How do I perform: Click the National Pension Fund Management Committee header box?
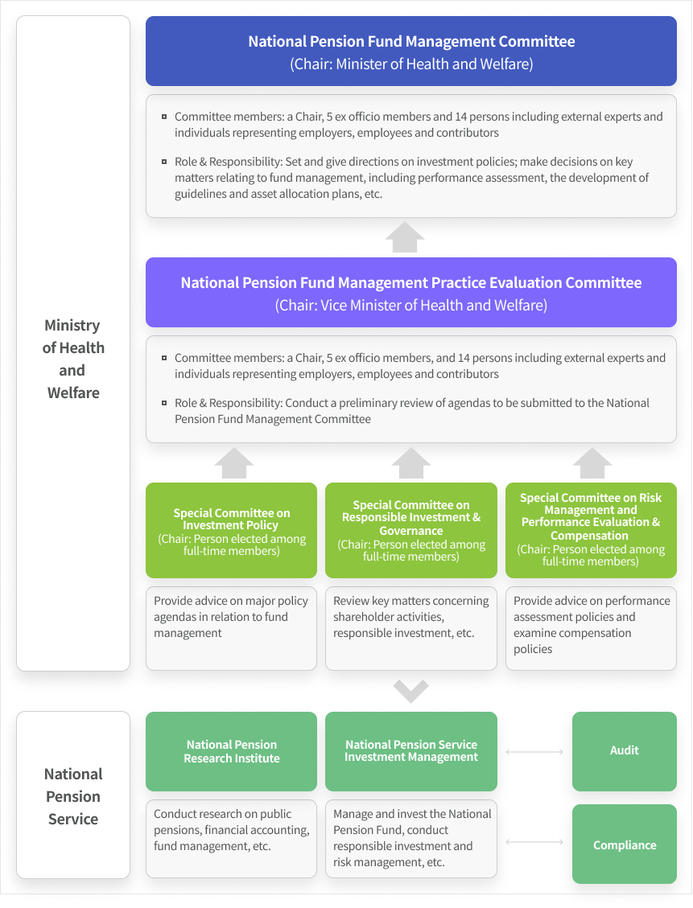pyautogui.click(x=410, y=51)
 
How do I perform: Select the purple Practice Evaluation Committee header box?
pyautogui.click(x=410, y=292)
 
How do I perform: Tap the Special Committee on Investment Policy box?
pyautogui.click(x=231, y=530)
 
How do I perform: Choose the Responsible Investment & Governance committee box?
pyautogui.click(x=410, y=530)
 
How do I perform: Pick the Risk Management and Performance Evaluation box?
pyautogui.click(x=591, y=530)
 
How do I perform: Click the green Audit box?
pyautogui.click(x=624, y=750)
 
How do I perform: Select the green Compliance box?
pyautogui.click(x=624, y=844)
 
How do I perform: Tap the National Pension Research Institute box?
pyautogui.click(x=231, y=751)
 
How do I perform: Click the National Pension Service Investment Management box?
pyautogui.click(x=410, y=751)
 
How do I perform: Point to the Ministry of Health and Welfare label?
pyautogui.click(x=72, y=359)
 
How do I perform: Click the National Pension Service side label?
pyautogui.click(x=72, y=796)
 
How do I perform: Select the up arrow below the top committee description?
pyautogui.click(x=405, y=238)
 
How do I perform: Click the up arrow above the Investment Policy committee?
pyautogui.click(x=234, y=463)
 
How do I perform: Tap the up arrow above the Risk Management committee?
pyautogui.click(x=592, y=463)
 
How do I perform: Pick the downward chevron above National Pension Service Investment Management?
pyautogui.click(x=411, y=691)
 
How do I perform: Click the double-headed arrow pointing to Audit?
pyautogui.click(x=534, y=752)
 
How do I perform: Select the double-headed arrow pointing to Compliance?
pyautogui.click(x=534, y=842)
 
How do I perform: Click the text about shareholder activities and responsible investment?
pyautogui.click(x=410, y=617)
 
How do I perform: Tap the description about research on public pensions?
pyautogui.click(x=231, y=830)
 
